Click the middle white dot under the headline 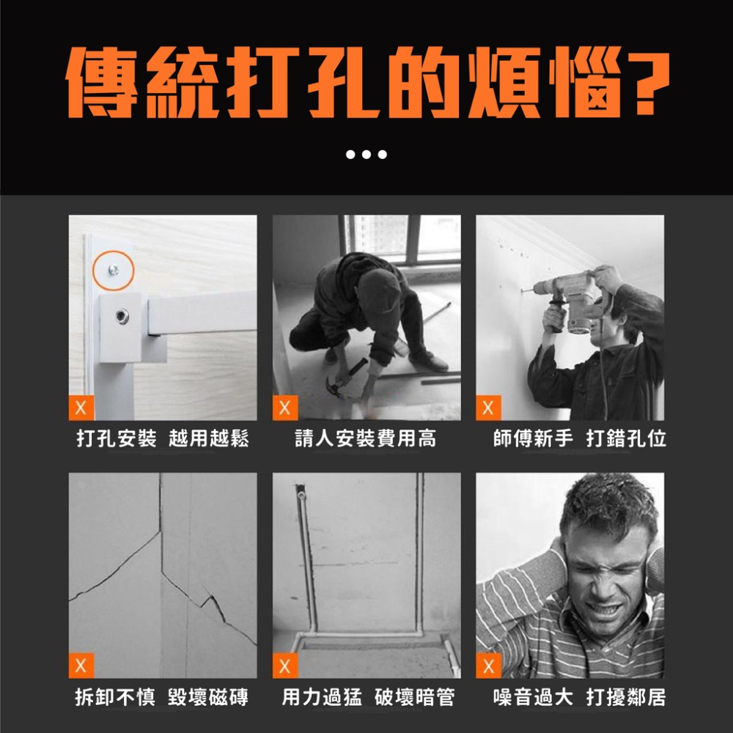pyautogui.click(x=366, y=155)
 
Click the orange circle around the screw pyautogui.click(x=113, y=270)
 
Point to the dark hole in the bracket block pyautogui.click(x=120, y=315)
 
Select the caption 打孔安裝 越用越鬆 pyautogui.click(x=163, y=439)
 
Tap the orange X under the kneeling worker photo pyautogui.click(x=284, y=408)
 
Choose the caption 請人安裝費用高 pyautogui.click(x=365, y=439)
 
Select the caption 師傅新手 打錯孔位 pyautogui.click(x=579, y=439)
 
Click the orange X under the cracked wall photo pyautogui.click(x=81, y=666)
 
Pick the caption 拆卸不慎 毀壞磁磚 pyautogui.click(x=162, y=697)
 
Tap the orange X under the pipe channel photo pyautogui.click(x=284, y=666)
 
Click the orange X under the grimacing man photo pyautogui.click(x=488, y=666)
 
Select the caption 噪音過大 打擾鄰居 pyautogui.click(x=579, y=697)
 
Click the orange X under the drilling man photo pyautogui.click(x=488, y=408)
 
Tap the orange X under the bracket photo pyautogui.click(x=81, y=408)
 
